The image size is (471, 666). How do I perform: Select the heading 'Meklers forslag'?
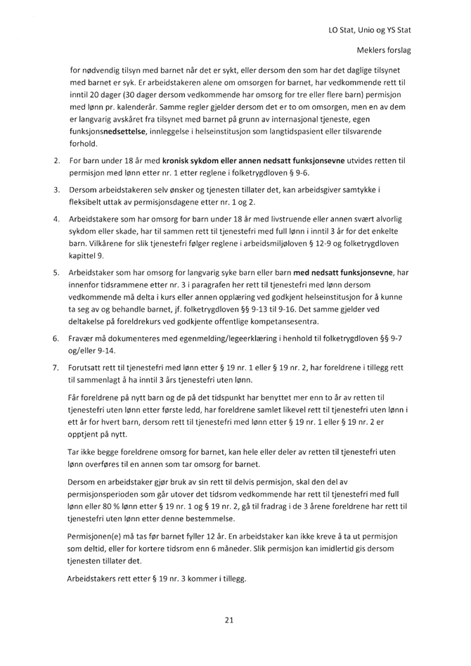coord(384,51)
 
